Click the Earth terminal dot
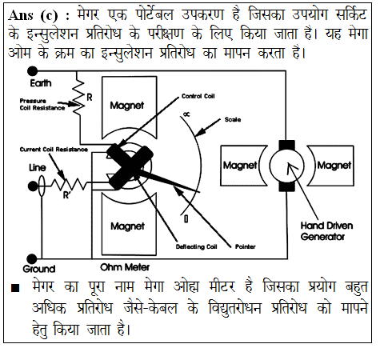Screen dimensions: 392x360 pos(33,71)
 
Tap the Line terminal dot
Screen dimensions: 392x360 pos(33,186)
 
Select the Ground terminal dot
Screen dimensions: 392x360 pos(32,259)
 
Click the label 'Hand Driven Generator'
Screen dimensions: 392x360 pos(326,231)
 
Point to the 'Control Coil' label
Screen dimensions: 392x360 pos(198,96)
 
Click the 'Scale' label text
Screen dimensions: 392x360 pos(233,120)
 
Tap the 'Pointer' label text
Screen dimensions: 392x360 pos(245,246)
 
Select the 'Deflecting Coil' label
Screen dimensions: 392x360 pos(197,246)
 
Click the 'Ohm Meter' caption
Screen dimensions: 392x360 pos(125,267)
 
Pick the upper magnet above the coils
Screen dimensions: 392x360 pos(129,106)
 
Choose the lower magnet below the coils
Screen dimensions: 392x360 pos(129,226)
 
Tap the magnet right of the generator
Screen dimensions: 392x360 pos(331,166)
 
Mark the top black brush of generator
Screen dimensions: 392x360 pos(287,145)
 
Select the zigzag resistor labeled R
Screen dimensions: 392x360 pos(79,98)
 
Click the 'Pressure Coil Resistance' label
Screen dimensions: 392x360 pos(42,104)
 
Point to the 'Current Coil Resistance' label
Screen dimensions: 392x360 pos(54,150)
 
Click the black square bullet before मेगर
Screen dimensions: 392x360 pos(15,288)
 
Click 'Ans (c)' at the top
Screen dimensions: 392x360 pos(33,15)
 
